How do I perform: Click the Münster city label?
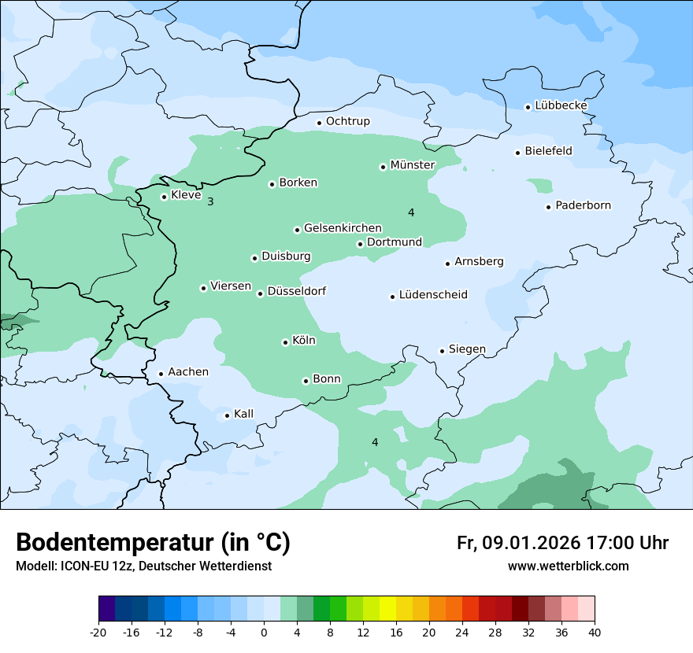412,165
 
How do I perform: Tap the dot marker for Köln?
285,342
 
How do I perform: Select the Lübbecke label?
561,105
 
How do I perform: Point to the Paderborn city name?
583,206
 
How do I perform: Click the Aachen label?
188,372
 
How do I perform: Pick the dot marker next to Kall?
227,415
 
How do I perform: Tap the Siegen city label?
467,349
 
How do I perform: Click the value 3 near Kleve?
210,202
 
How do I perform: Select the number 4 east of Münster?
410,213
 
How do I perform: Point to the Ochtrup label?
347,121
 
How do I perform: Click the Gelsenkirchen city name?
343,228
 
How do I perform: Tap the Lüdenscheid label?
433,295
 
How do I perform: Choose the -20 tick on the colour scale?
98,633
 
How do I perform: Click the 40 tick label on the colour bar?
594,633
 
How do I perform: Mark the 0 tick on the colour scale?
264,633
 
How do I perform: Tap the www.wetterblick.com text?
568,566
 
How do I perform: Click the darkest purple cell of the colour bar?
107,609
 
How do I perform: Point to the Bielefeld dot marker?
517,153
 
